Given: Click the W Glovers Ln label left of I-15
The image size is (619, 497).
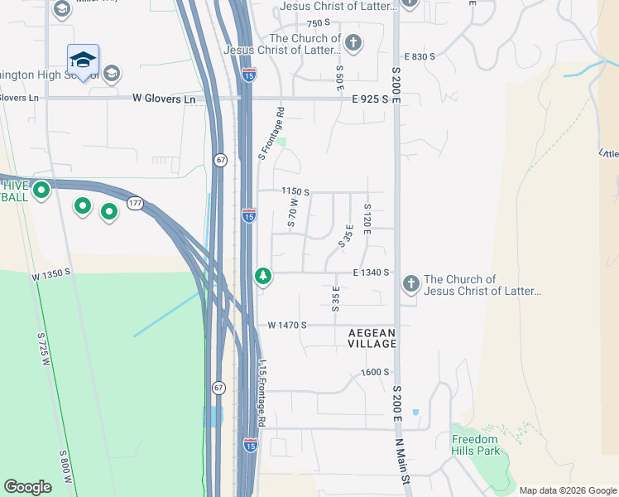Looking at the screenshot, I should tap(164, 99).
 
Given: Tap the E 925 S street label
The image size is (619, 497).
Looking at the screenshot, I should tap(371, 99).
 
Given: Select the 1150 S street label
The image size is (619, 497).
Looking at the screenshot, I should tap(295, 191).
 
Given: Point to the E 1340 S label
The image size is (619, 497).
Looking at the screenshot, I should tap(371, 272).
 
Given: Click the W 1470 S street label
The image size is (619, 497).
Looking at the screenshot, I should tap(287, 326).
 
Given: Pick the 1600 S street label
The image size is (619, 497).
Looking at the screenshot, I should tap(375, 372).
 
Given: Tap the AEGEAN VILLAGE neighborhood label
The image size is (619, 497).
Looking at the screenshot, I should tap(372, 338).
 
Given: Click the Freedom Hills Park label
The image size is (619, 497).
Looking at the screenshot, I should tap(476, 445).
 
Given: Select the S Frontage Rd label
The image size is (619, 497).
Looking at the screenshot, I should tap(271, 133).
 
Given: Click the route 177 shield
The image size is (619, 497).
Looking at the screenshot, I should tap(135, 203).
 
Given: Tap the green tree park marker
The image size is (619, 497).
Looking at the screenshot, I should tap(263, 275).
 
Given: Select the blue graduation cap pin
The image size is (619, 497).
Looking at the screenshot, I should tap(83, 60).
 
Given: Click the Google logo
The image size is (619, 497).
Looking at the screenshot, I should tap(28, 487).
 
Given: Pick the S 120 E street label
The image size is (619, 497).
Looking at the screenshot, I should tap(367, 218).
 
